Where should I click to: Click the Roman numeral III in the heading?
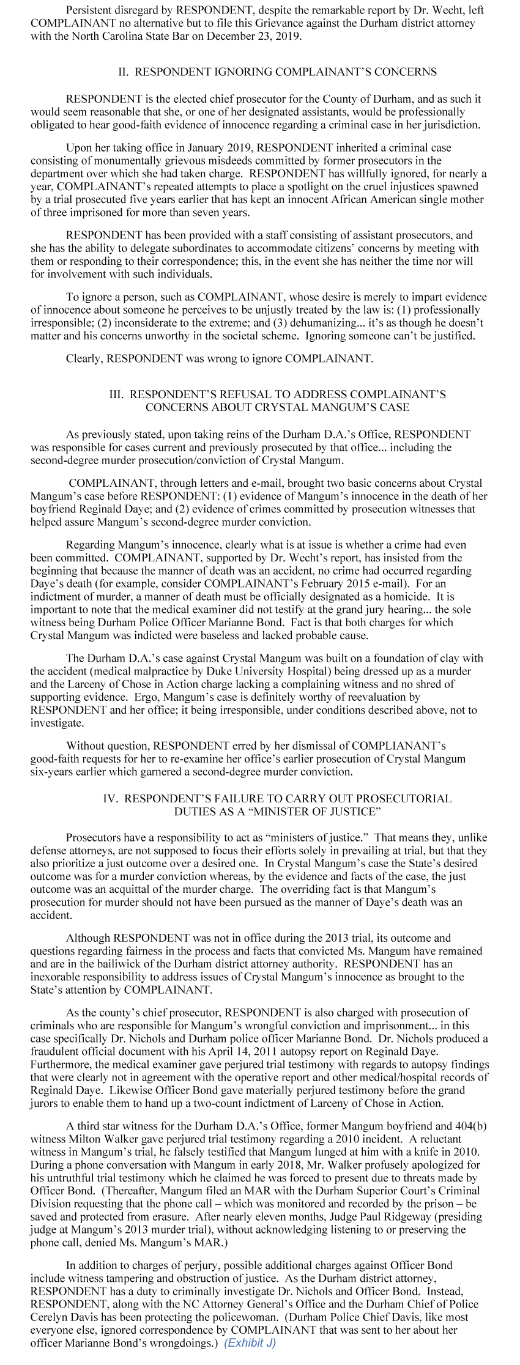coord(116,394)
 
